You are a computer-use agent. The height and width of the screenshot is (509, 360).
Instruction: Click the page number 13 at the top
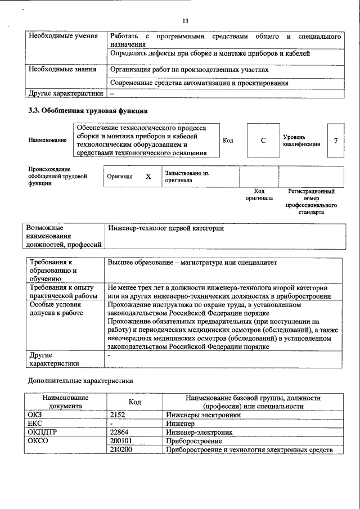click(x=185, y=21)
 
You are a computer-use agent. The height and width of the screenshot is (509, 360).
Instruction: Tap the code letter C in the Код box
click(x=263, y=140)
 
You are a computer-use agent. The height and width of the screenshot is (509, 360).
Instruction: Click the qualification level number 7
click(x=335, y=140)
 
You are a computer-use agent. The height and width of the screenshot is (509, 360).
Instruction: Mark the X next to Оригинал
click(x=148, y=177)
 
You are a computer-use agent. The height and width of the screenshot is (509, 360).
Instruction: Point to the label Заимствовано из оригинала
click(x=186, y=177)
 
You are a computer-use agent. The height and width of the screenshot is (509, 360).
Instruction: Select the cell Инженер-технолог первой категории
click(x=166, y=228)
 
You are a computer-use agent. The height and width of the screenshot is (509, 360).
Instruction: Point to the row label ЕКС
click(x=35, y=423)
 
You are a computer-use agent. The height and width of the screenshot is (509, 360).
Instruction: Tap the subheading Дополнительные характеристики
click(x=81, y=381)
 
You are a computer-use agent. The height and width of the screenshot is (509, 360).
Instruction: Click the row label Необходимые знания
click(x=61, y=69)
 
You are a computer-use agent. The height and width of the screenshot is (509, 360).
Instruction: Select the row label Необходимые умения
click(x=61, y=37)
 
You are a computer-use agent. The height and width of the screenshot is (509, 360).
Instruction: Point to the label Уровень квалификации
click(x=302, y=140)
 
